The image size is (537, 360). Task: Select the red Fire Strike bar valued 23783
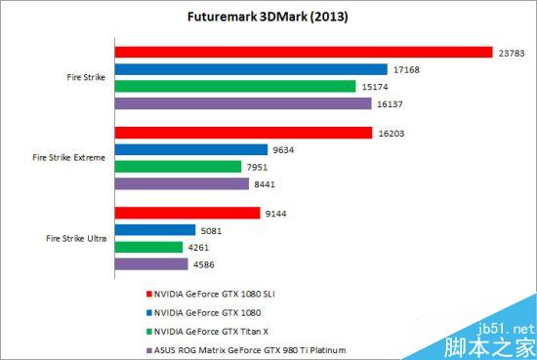click(303, 52)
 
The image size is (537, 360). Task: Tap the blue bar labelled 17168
click(251, 69)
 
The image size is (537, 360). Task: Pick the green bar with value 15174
click(235, 86)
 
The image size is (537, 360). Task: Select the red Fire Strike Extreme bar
click(243, 133)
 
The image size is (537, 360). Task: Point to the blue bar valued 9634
click(191, 149)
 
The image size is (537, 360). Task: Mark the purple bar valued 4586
click(151, 263)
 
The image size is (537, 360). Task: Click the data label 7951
click(260, 167)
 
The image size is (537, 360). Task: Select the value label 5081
click(200, 230)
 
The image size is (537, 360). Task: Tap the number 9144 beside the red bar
click(275, 214)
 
